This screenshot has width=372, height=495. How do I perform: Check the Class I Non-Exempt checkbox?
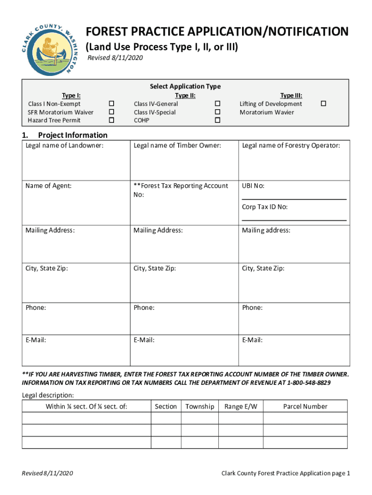click(112, 104)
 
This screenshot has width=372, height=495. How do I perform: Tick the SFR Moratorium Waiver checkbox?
click(112, 112)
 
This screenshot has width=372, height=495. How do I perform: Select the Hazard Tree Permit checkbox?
click(112, 120)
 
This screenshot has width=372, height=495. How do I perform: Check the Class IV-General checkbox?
click(217, 104)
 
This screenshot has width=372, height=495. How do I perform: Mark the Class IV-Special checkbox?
click(217, 112)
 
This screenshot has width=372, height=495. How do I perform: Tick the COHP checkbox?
click(217, 120)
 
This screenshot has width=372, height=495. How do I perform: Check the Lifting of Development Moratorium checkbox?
click(324, 104)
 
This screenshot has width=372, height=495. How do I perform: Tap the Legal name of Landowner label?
click(64, 145)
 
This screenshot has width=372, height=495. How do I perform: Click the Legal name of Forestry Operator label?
click(291, 145)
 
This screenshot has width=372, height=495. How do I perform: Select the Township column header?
click(200, 407)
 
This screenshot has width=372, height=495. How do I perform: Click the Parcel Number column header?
click(305, 407)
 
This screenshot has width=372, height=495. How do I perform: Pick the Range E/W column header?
click(241, 407)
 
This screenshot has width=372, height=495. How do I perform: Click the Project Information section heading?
click(72, 135)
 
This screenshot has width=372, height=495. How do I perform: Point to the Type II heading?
click(185, 96)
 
